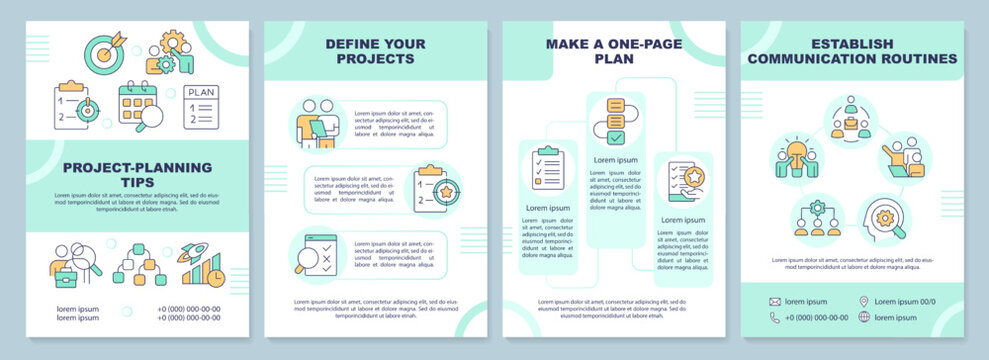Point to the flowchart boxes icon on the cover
tap(139, 265)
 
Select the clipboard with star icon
tap(433, 188)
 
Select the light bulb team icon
tap(796, 157)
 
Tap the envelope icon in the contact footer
tap(775, 301)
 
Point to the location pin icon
tap(863, 301)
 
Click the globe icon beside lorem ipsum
tap(863, 317)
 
